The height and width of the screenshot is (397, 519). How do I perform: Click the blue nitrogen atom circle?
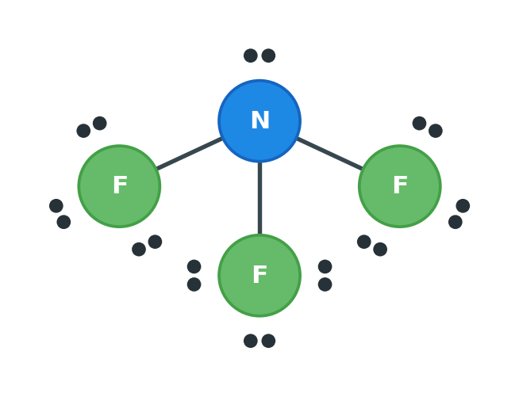pos(259,120)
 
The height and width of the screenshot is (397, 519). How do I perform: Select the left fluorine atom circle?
pos(119,186)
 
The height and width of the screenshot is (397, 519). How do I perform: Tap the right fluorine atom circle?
pos(399,186)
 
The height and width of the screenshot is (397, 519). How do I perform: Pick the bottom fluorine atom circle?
pos(259,275)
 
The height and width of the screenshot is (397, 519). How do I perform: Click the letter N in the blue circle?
pos(260,120)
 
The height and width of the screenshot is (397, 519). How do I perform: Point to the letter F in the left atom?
pos(120,185)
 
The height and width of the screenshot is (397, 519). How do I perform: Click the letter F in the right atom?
pos(401,185)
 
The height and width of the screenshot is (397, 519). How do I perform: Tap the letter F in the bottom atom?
pos(260,274)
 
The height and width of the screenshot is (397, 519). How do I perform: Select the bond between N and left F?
pos(190,154)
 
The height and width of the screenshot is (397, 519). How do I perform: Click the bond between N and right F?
pos(329,154)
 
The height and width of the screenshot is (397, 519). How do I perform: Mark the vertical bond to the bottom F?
pos(259,198)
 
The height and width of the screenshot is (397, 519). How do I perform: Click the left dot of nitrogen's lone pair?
pos(251,55)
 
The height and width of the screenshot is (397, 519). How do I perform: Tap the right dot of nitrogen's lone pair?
pos(268,55)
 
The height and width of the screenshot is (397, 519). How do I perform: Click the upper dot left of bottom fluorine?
pos(194,266)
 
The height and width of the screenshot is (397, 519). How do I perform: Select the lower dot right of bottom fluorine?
pos(325,284)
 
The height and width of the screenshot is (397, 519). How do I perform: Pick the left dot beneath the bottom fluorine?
pos(251,341)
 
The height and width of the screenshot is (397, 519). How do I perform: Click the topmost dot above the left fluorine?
pos(100,124)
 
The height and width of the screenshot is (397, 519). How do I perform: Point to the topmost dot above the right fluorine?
pos(419,124)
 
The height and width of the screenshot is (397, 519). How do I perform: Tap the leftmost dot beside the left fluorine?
pos(56,206)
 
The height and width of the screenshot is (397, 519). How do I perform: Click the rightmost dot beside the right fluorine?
pos(463,206)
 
